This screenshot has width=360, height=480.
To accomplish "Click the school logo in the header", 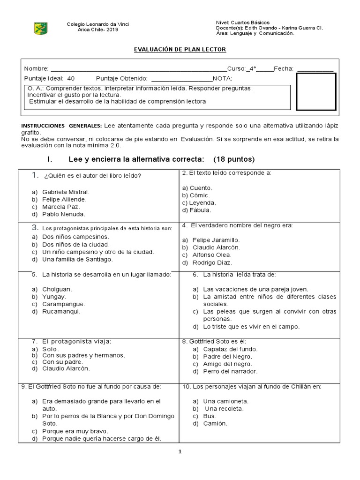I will [41, 28].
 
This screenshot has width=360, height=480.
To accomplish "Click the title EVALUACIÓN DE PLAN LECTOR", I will [180, 50].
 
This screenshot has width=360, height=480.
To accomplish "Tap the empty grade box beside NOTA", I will [316, 91].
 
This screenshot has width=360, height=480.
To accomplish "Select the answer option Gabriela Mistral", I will [65, 192].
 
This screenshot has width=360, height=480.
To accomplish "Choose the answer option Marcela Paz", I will [61, 207].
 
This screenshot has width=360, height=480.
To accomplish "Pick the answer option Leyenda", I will [202, 203].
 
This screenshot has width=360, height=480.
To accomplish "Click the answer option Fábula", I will [200, 210].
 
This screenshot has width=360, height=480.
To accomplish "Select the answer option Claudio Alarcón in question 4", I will [216, 247].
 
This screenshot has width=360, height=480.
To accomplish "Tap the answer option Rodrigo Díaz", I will [212, 263].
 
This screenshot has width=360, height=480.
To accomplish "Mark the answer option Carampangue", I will [64, 304].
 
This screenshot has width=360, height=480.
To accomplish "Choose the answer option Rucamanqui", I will [61, 311].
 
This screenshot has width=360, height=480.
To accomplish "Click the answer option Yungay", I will [54, 296].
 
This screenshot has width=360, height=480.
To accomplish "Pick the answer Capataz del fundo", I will [230, 349].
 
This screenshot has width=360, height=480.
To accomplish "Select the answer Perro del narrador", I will [230, 372].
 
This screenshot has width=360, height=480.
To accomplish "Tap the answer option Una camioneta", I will [225, 401].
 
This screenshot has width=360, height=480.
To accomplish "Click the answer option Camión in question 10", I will [215, 424].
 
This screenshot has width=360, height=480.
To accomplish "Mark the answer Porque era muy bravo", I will [75, 431].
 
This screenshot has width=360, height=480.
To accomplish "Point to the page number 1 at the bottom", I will [180, 452].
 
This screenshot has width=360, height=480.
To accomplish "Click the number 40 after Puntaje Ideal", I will [71, 78].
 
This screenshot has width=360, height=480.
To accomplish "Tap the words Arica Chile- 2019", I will [98, 30].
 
